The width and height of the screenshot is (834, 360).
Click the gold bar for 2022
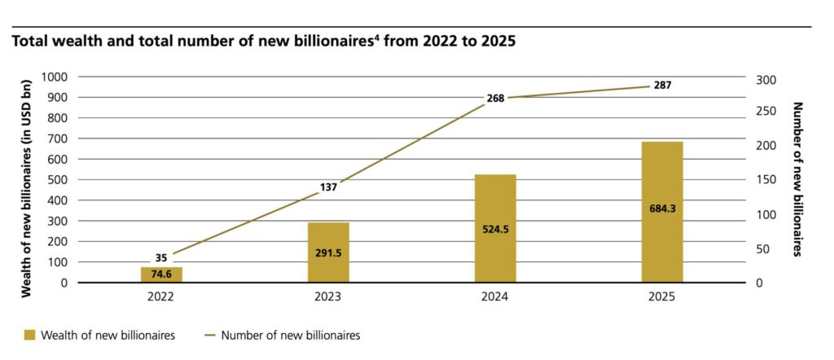tap(161, 274)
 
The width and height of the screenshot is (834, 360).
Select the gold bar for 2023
tap(328, 252)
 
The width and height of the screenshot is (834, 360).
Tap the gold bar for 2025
tap(662, 212)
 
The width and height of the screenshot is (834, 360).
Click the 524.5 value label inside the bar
tap(495, 230)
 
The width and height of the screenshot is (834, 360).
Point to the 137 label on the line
tap(328, 187)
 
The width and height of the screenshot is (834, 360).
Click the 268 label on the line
tap(495, 98)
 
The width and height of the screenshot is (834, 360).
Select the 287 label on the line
tap(662, 86)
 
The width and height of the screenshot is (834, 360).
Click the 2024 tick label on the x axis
tap(495, 298)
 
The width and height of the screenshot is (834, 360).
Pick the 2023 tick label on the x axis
tap(328, 298)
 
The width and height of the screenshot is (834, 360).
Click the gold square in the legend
tap(30, 335)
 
